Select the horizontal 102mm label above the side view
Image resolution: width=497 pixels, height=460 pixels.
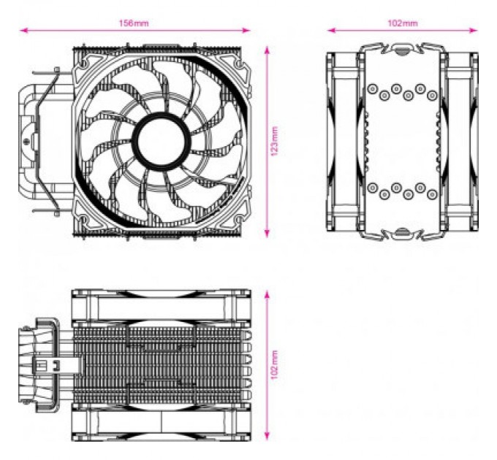tap(403, 23)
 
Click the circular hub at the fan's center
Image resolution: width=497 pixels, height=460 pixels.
tap(162, 138)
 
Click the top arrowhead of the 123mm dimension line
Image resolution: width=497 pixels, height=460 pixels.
tap(267, 49)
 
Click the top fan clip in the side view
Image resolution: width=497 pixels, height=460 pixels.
tap(401, 49)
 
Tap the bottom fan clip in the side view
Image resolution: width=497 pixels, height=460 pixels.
tap(401, 233)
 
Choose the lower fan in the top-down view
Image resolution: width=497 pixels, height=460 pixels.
tap(161, 423)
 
